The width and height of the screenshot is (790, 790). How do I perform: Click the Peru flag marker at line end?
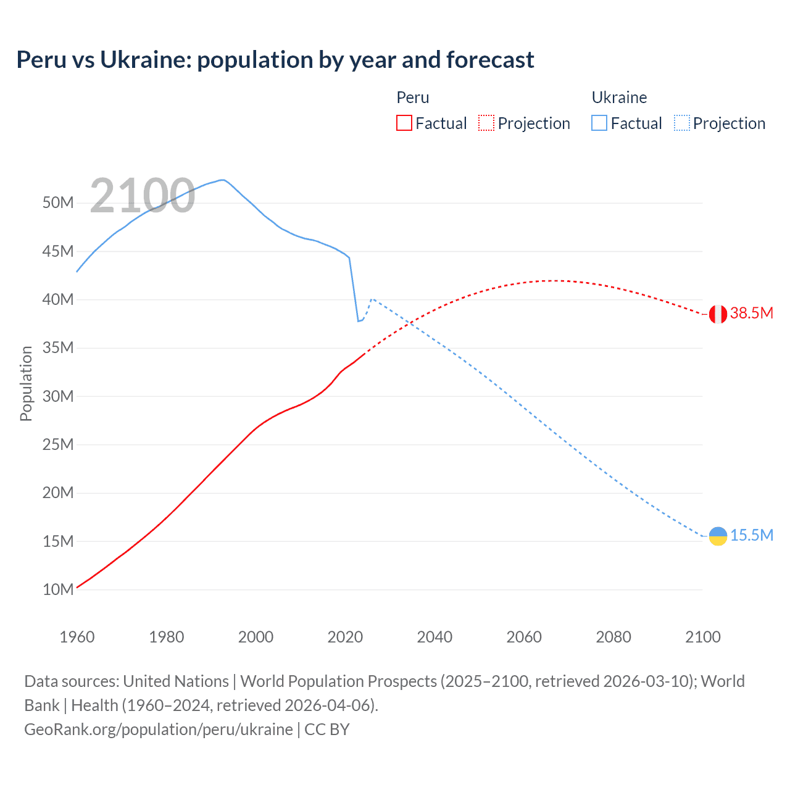coord(718,314)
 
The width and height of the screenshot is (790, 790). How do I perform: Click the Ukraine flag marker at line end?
coord(718,536)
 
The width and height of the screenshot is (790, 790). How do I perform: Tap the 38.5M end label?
coord(752,313)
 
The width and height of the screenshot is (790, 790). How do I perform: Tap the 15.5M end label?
coord(752,535)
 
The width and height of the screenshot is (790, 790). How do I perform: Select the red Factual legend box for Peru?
coord(404,123)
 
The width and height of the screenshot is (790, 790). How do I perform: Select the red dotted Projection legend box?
coord(486,123)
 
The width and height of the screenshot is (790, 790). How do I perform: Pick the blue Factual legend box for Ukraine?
coord(599,123)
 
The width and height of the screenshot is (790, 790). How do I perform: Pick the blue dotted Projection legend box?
coord(681,123)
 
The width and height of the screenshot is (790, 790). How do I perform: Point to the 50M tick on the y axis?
coord(58,203)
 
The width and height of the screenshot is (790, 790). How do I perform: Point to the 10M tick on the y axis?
coord(58,590)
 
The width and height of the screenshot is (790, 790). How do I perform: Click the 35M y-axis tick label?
coord(58,348)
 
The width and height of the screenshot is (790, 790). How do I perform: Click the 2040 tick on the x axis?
coord(434,637)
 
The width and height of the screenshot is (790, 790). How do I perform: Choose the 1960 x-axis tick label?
coord(77,637)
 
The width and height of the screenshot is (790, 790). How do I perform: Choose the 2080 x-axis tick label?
coord(613,637)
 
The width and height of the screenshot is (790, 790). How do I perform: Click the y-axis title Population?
coord(26,383)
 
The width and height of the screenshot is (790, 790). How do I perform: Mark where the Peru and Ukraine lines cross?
coord(410,323)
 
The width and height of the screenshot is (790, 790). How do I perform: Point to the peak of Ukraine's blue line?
coord(222,180)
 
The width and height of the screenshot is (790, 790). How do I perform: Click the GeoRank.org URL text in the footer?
coord(159,730)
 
